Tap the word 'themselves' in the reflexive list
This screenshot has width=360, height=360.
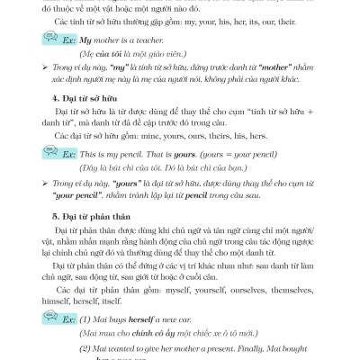[294, 291]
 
